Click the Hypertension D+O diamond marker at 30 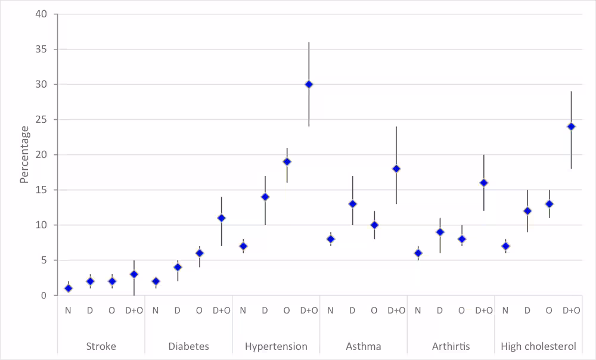click(309, 85)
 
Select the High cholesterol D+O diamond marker click(571, 126)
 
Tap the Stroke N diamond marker click(69, 288)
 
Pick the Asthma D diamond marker click(352, 204)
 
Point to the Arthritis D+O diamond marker click(483, 183)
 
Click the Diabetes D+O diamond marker click(221, 218)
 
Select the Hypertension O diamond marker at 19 click(287, 162)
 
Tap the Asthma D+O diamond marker click(396, 169)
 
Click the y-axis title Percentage click(24, 154)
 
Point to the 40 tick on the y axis click(45, 14)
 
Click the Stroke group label click(101, 346)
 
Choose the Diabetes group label click(188, 346)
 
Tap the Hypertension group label click(276, 346)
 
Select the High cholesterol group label click(538, 346)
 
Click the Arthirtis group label click(451, 346)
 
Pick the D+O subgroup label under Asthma click(396, 311)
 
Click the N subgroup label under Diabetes click(156, 311)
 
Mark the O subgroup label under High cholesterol click(549, 311)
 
